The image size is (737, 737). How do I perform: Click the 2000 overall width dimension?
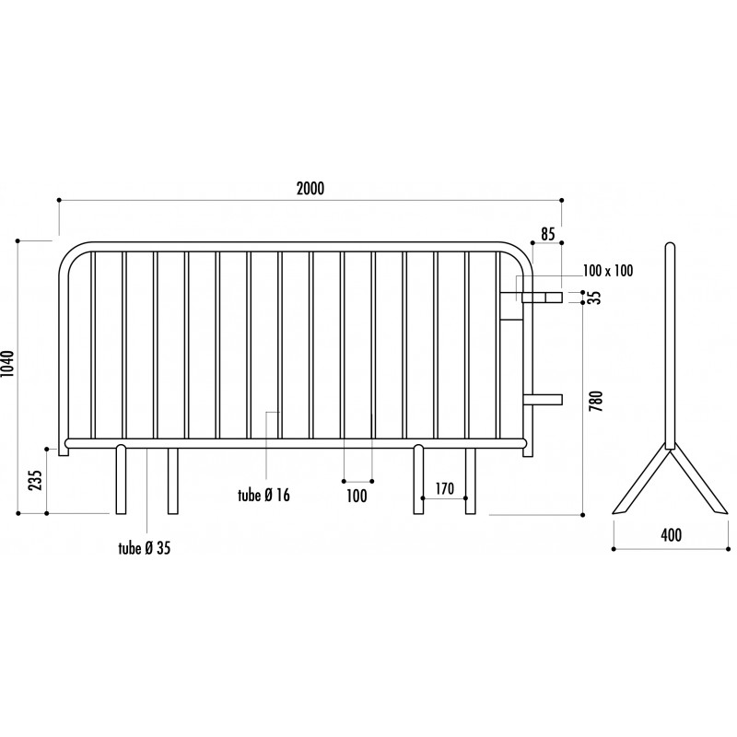coord(310,189)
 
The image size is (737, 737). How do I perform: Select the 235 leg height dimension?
coord(36,480)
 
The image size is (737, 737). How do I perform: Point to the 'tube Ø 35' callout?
coord(145,548)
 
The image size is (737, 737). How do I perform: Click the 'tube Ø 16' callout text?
coord(263,495)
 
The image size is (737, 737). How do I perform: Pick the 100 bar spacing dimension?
coord(357,496)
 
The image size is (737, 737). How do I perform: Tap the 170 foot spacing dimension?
coord(444,488)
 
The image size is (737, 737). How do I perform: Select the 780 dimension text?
coord(596,401)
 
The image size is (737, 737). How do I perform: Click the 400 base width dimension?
coord(672,535)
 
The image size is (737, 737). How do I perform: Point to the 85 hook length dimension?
coord(548,234)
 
